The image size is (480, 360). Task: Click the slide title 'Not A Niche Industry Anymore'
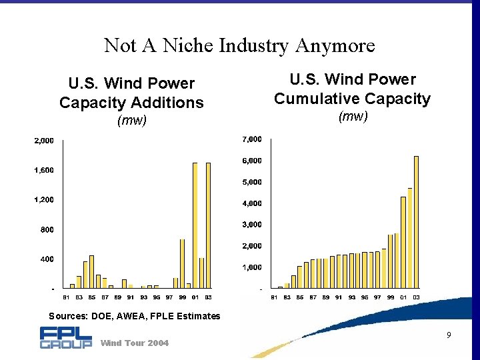point(239,45)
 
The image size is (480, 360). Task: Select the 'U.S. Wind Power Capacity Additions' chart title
point(131,93)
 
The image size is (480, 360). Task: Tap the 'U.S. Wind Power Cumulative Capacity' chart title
point(353,89)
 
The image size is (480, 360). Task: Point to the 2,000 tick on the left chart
point(44,141)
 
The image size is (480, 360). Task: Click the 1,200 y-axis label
point(44,200)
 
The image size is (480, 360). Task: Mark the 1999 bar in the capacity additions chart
point(182,263)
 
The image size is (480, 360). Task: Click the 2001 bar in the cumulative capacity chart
point(403,243)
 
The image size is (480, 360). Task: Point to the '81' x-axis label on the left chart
point(66,297)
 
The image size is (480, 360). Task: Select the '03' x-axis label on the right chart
point(416,297)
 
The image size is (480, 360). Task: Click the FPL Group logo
point(65,337)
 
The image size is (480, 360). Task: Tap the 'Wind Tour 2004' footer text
point(134,343)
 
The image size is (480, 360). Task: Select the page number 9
point(449,335)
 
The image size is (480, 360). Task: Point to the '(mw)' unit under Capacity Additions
point(131,121)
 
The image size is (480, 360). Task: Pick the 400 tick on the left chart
point(45,259)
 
